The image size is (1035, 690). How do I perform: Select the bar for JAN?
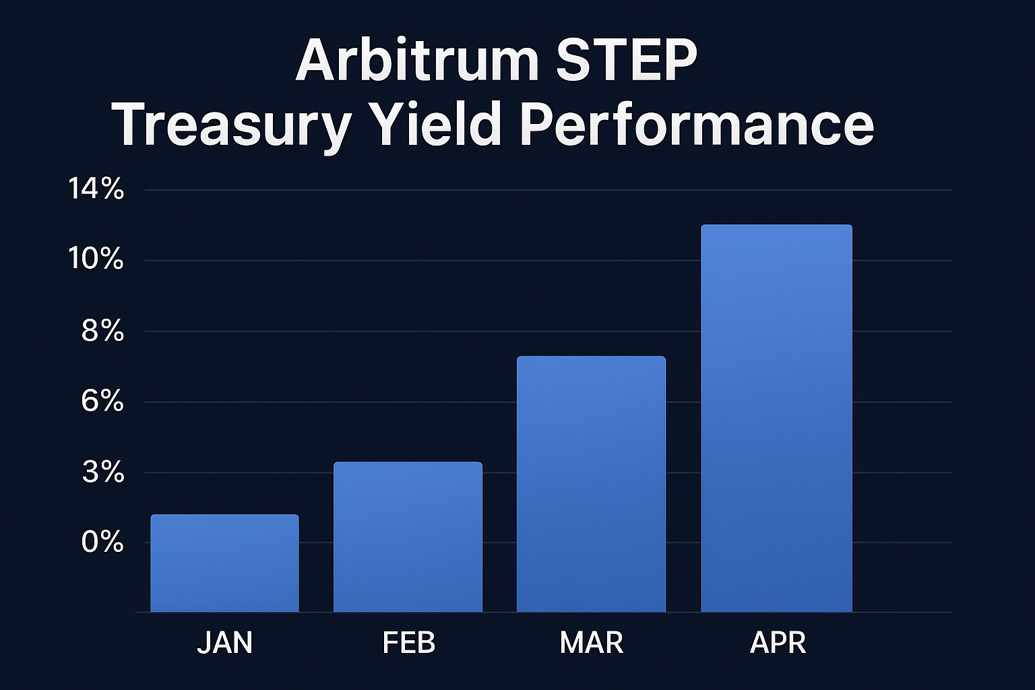(224, 563)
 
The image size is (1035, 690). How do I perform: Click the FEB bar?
(408, 537)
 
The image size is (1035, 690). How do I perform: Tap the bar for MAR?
(591, 484)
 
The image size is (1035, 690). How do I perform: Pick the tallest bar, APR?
(776, 418)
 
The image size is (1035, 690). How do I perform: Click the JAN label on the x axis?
(224, 643)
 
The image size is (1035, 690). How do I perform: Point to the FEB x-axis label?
(408, 643)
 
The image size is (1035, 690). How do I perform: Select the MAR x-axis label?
(592, 643)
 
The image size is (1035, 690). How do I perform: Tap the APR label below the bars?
(778, 643)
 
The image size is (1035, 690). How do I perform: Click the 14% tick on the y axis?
(96, 189)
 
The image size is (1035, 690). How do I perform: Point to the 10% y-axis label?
(96, 259)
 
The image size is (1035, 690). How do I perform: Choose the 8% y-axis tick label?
(102, 331)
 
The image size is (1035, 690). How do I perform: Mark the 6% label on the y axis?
(102, 402)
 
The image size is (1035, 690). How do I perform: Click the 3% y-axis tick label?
(103, 473)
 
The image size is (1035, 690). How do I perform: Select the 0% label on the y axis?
(102, 542)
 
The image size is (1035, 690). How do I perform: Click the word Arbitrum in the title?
(417, 61)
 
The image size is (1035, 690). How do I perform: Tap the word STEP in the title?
(626, 61)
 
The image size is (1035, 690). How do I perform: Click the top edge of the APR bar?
(776, 226)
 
